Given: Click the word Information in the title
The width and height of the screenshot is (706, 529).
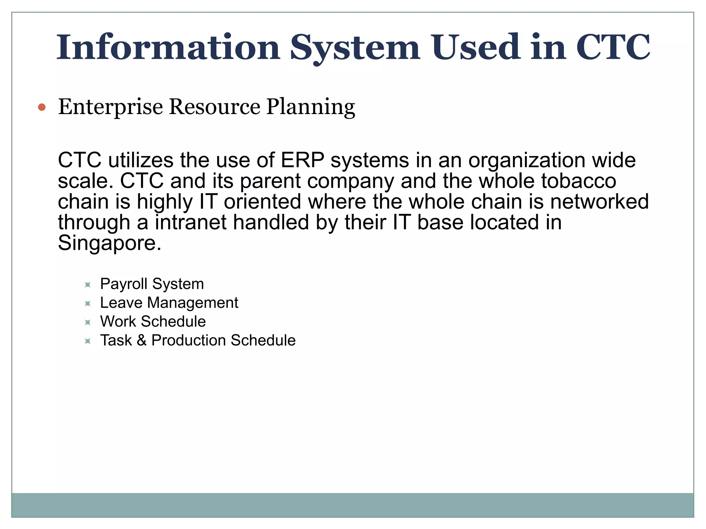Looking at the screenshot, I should coord(168,48).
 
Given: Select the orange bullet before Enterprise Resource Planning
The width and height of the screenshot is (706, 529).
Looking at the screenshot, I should coord(42,107).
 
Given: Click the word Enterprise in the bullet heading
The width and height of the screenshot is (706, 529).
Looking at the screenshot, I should coord(110,107).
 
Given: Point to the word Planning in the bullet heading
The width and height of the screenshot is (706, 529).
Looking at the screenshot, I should coord(310,107).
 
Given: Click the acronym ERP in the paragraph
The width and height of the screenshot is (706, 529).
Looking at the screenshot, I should coord(302,160).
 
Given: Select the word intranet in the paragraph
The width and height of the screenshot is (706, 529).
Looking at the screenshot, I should coord(191,222).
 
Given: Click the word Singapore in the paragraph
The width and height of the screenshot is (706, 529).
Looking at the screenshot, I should coord(109,243).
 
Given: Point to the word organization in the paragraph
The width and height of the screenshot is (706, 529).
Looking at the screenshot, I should coord(527,160).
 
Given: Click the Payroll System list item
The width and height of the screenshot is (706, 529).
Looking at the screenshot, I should coord(152,284).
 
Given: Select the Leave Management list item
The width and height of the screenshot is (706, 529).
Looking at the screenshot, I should coord(169,303).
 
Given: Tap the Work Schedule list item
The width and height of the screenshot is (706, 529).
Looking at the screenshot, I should coord(153,322).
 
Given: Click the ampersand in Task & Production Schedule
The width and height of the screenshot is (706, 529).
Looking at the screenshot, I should coord(142,341).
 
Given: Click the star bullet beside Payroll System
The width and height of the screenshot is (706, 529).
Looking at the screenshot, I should coord(88,285).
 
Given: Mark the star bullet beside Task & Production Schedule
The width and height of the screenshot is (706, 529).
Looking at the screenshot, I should coord(88,341).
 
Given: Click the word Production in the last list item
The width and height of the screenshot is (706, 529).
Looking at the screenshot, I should coord(189,341).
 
